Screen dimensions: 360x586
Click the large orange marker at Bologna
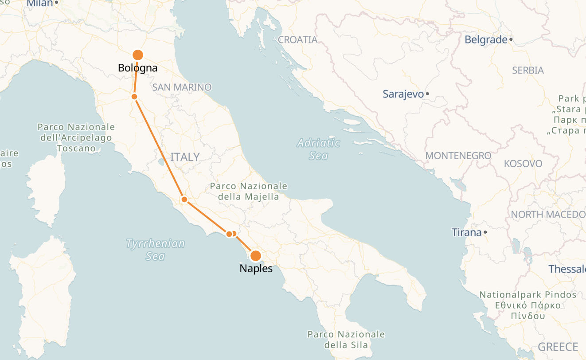click(x=138, y=55)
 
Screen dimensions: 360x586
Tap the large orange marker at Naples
click(x=256, y=256)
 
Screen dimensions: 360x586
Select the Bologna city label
click(x=138, y=68)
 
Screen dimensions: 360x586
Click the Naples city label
click(x=256, y=268)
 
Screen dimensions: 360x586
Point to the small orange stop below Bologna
click(x=134, y=97)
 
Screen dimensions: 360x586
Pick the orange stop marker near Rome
click(x=184, y=200)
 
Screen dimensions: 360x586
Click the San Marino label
click(x=182, y=87)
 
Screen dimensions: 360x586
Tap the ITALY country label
click(x=185, y=157)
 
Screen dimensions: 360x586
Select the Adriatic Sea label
click(x=319, y=149)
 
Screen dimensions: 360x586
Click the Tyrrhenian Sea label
click(x=155, y=250)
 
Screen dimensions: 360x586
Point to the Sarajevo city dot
click(x=427, y=94)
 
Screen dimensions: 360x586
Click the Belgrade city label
click(x=486, y=40)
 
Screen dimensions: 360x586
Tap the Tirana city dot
click(x=486, y=232)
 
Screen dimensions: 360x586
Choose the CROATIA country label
click(x=298, y=40)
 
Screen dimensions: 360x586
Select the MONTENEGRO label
click(x=458, y=156)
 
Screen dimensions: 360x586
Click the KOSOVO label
click(x=523, y=164)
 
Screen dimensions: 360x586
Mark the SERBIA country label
click(x=528, y=70)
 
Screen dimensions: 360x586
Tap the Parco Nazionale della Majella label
click(x=249, y=192)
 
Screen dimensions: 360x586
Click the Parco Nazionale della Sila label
click(x=346, y=340)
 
